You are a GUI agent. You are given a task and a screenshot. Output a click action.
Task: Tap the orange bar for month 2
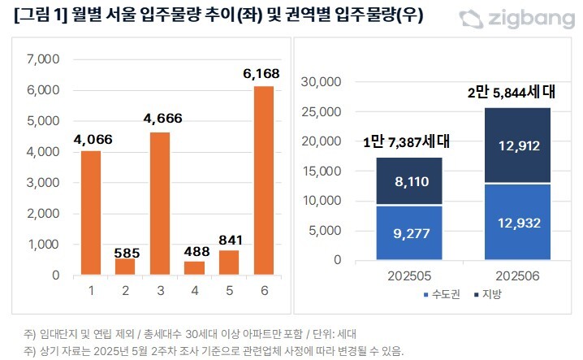pos(124,267)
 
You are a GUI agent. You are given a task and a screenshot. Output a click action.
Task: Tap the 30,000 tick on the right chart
pos(322,81)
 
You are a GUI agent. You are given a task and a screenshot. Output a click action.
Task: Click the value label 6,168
pos(262,74)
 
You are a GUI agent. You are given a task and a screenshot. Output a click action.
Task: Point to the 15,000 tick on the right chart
pos(322,171)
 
